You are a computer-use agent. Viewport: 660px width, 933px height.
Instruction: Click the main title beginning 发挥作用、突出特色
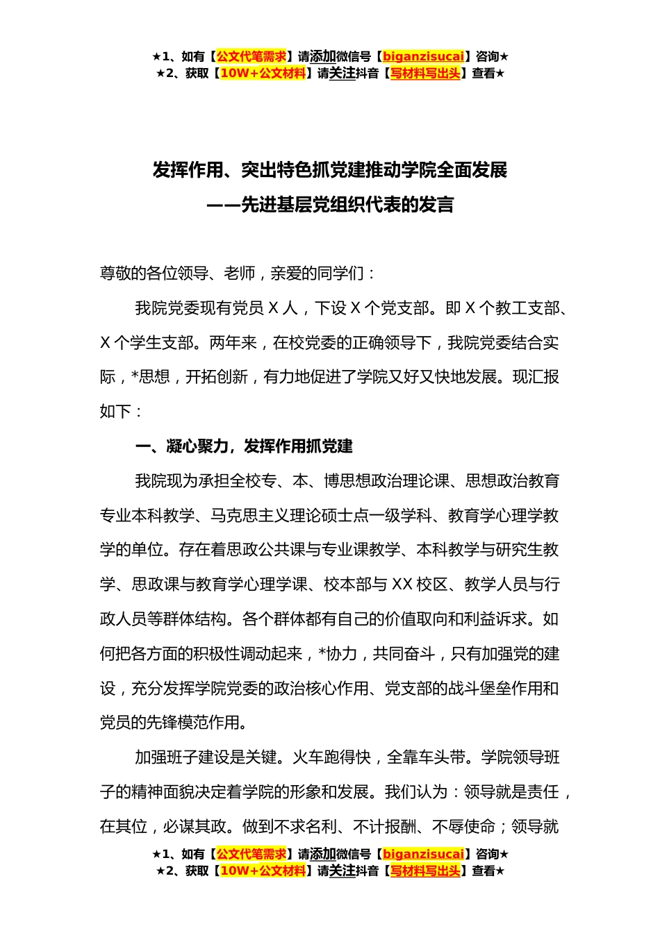330,170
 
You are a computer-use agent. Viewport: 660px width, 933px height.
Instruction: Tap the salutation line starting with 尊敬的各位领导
238,274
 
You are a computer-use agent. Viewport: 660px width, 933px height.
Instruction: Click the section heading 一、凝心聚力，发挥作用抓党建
244,446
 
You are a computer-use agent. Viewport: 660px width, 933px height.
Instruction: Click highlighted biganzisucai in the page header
423,56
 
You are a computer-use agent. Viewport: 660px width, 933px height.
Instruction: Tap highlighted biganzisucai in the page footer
423,854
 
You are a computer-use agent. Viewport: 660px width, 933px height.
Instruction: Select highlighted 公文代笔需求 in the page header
251,56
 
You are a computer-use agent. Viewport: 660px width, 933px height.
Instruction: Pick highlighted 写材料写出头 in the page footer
425,871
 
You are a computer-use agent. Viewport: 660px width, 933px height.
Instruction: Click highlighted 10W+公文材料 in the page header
263,73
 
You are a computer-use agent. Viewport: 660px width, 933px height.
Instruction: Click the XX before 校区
402,585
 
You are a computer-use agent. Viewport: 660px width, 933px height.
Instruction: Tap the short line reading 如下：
122,412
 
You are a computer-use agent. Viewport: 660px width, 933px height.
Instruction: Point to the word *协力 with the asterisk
338,654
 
